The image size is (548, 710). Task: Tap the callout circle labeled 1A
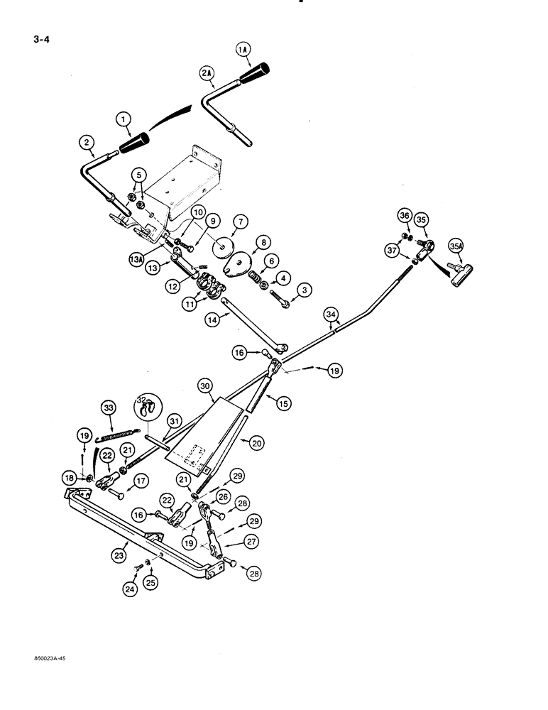pyautogui.click(x=243, y=49)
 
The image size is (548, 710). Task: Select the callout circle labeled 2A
pyautogui.click(x=207, y=73)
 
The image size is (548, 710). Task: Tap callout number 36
pyautogui.click(x=404, y=217)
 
